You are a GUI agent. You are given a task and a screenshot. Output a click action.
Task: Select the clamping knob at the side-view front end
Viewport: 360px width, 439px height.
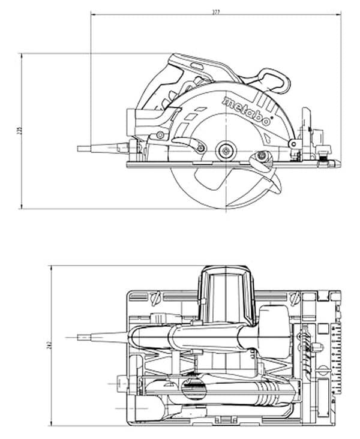(x=328, y=150)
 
